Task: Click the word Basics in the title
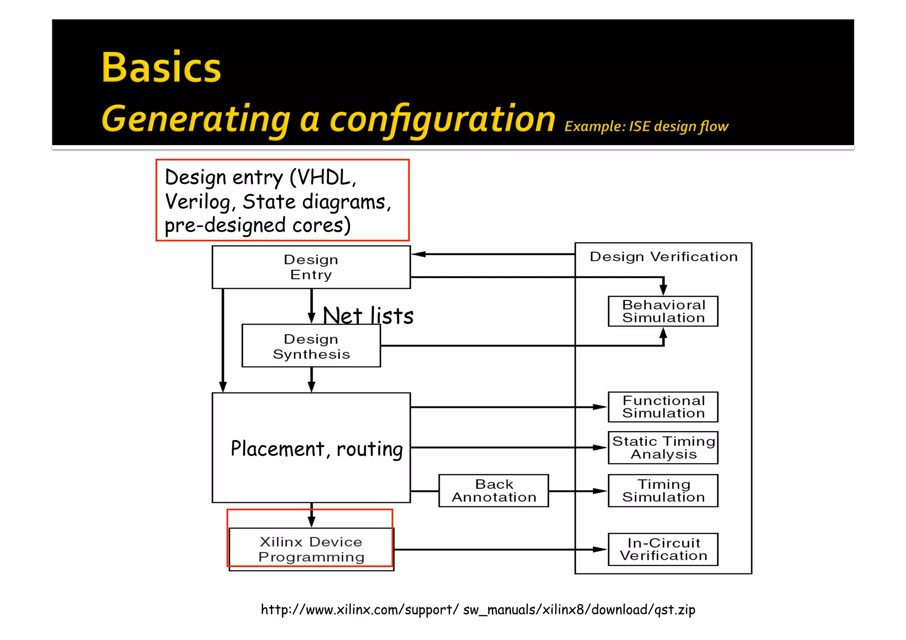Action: (161, 68)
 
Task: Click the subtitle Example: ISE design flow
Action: (646, 126)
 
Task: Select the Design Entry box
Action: (311, 267)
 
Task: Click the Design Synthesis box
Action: (311, 346)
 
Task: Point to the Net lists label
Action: (368, 316)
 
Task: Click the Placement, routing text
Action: (317, 448)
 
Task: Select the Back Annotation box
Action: (494, 491)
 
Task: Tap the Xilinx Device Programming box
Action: (311, 549)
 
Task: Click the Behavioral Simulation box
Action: (663, 311)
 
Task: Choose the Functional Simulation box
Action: (663, 407)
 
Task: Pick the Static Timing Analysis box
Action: (663, 448)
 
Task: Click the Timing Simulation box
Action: (663, 491)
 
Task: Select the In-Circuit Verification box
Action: (663, 549)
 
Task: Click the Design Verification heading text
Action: (663, 257)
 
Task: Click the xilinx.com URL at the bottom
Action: (478, 609)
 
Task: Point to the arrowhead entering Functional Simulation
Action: (600, 407)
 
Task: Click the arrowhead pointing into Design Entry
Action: (418, 254)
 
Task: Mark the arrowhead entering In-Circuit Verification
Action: (600, 549)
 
